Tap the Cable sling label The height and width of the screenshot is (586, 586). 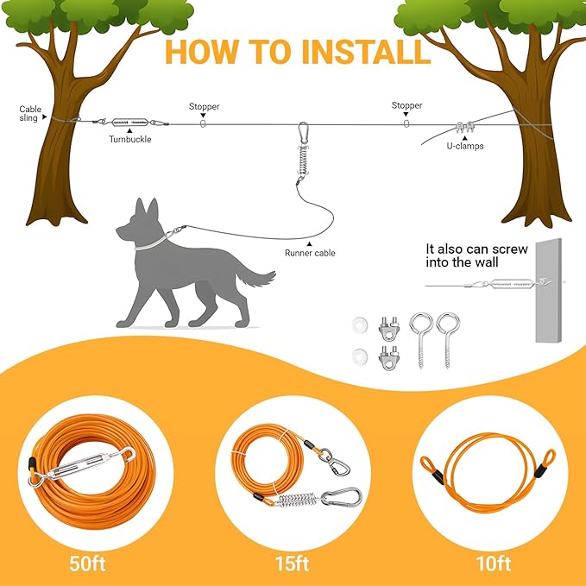[x=29, y=114]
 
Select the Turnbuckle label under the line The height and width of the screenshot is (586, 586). [x=131, y=138]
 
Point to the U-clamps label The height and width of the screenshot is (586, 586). [x=464, y=147]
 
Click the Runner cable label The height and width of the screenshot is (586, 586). [x=310, y=253]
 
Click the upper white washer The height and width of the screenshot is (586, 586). [x=356, y=324]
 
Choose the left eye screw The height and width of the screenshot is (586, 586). [x=420, y=337]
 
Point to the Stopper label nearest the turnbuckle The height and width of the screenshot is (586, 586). [x=205, y=107]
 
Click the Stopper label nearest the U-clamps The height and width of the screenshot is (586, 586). [x=406, y=106]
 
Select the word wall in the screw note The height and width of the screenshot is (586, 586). [x=513, y=263]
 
